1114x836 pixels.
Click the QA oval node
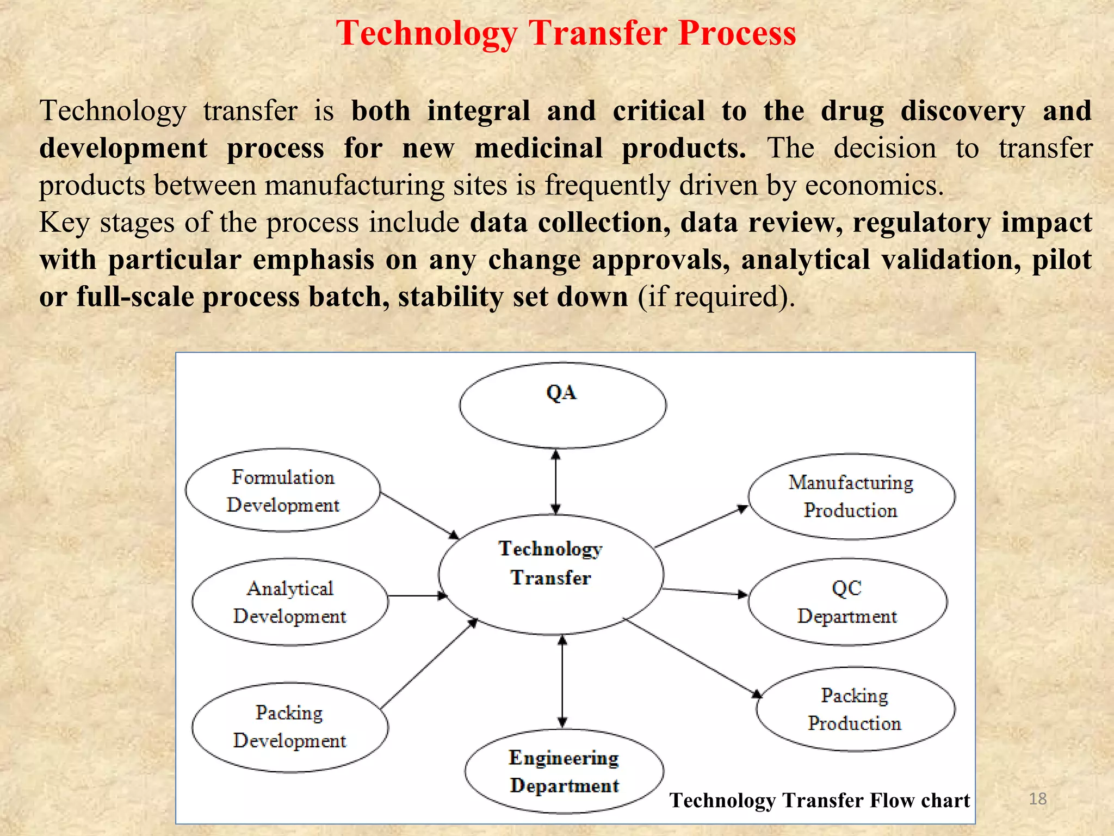(x=562, y=405)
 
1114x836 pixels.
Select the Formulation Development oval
(x=282, y=490)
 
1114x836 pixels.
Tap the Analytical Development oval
(x=290, y=602)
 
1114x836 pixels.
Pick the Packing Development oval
(x=290, y=727)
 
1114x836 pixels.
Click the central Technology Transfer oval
(x=550, y=574)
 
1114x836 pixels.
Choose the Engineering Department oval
(x=564, y=771)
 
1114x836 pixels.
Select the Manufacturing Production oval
(x=851, y=496)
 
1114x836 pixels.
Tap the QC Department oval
(x=847, y=602)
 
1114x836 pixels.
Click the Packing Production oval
(x=855, y=709)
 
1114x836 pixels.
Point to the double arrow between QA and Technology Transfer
(x=555, y=482)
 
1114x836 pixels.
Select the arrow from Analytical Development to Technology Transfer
(x=416, y=596)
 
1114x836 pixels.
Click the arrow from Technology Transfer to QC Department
(x=705, y=592)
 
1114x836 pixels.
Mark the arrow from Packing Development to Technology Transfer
(x=429, y=664)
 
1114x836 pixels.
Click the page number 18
(x=1038, y=798)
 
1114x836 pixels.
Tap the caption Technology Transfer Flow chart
(x=819, y=800)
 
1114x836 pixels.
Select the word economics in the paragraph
(x=874, y=185)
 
